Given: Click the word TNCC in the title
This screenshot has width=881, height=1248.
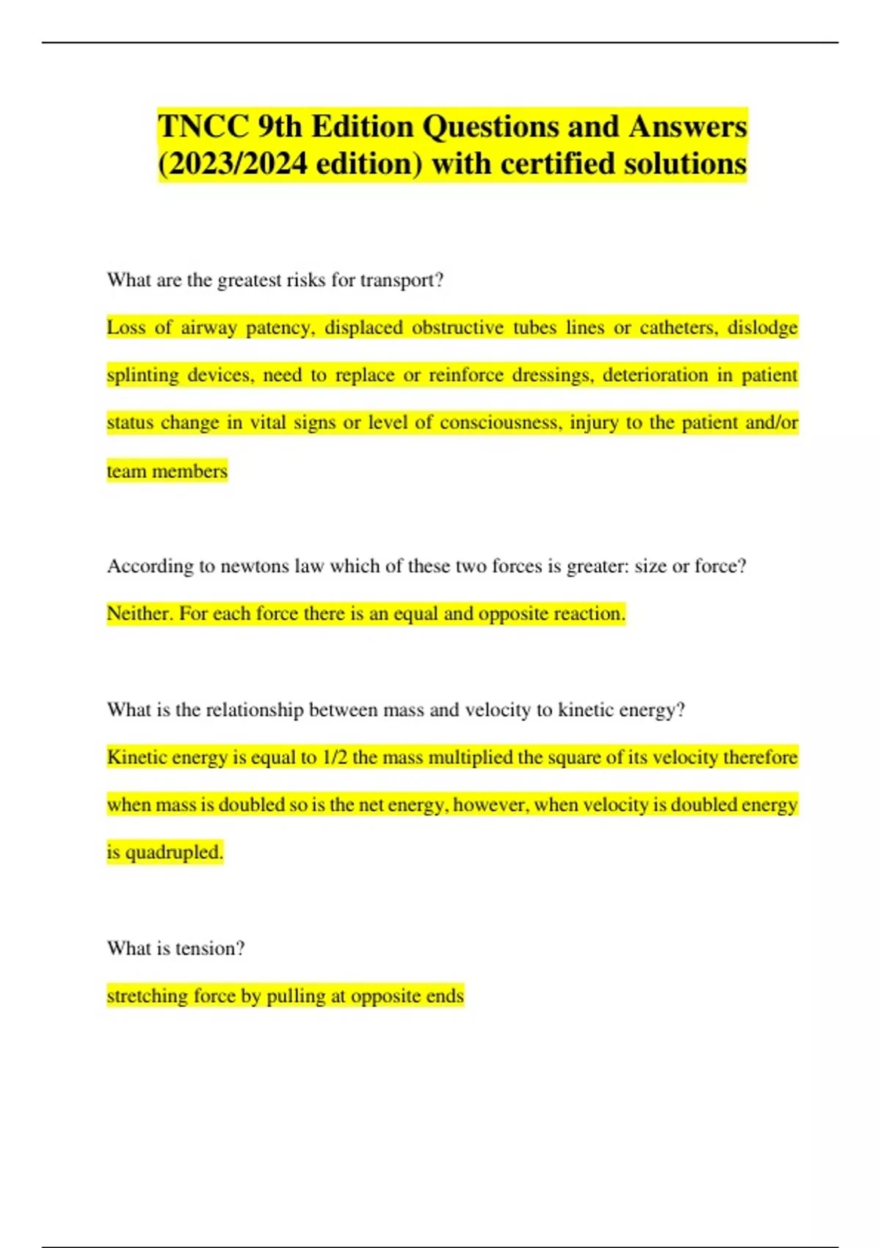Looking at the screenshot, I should [203, 126].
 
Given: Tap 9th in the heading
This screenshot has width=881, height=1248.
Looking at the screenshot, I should [280, 126].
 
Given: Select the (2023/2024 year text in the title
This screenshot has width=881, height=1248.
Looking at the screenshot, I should [233, 164].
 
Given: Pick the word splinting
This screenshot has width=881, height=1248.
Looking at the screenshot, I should [142, 375].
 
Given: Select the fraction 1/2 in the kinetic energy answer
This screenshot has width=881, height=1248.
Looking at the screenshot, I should [334, 757].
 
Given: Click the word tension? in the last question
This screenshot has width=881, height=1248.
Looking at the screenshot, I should [210, 948].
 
